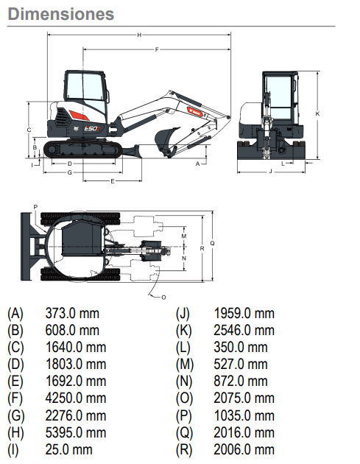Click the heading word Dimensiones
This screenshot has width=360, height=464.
tap(61, 14)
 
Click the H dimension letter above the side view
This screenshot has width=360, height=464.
tap(139, 35)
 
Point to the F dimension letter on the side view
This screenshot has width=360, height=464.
tap(157, 49)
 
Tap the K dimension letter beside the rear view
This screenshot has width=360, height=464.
tap(317, 113)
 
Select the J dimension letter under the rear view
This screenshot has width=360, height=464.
tap(271, 171)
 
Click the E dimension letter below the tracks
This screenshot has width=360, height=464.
tap(113, 181)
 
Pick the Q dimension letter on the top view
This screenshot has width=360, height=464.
tap(212, 243)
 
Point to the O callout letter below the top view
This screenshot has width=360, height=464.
tap(163, 297)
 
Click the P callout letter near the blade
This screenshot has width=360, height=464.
tap(35, 207)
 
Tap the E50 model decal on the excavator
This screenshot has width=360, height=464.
tap(93, 128)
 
